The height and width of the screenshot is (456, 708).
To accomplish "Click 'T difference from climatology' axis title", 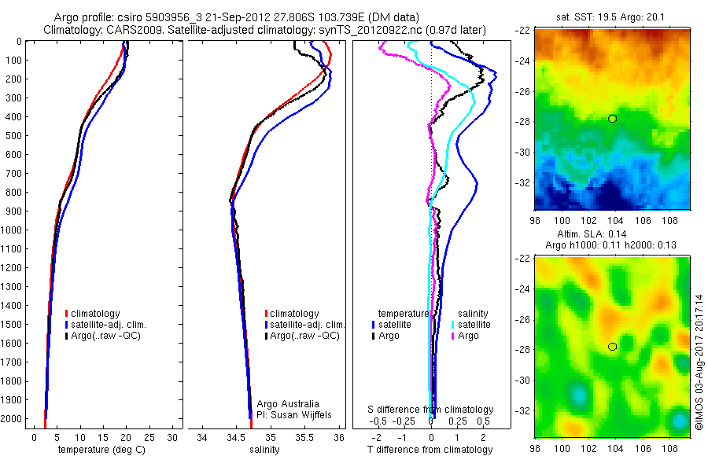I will tap(430, 450).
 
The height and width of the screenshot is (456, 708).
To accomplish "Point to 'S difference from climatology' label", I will tap(430, 410).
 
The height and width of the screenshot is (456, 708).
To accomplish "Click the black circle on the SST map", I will tap(612, 119).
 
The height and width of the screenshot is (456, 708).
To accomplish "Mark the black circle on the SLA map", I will tap(612, 347).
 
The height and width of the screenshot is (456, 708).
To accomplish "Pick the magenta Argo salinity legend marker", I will tap(452, 336).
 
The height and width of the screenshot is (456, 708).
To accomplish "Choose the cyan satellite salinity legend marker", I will tap(452, 325).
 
